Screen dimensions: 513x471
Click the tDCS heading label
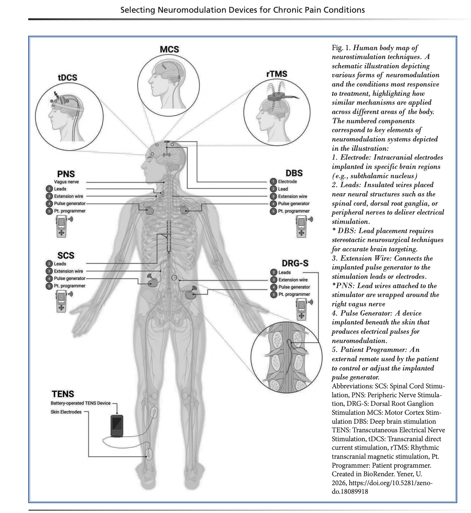tap(67, 78)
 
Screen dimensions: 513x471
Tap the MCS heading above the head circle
tap(169, 49)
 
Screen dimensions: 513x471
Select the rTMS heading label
tap(277, 74)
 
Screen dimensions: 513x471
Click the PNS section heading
tap(66, 174)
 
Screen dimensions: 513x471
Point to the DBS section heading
tap(294, 173)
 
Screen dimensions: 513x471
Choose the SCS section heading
tap(66, 255)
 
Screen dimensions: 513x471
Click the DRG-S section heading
tap(295, 263)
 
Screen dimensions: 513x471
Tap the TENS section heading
tap(63, 394)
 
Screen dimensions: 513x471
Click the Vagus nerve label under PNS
tap(66, 182)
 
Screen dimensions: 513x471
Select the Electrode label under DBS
tap(287, 182)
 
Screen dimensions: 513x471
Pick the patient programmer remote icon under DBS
tap(301, 226)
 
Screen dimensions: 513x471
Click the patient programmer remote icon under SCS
tap(62, 301)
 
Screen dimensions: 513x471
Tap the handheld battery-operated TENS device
tap(117, 426)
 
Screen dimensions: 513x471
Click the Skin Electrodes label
tap(66, 412)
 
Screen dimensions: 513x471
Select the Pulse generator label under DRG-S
tap(294, 287)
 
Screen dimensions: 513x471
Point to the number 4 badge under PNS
tap(50, 204)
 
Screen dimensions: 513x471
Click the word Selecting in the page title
tap(138, 10)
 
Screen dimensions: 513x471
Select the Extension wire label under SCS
tap(68, 271)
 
